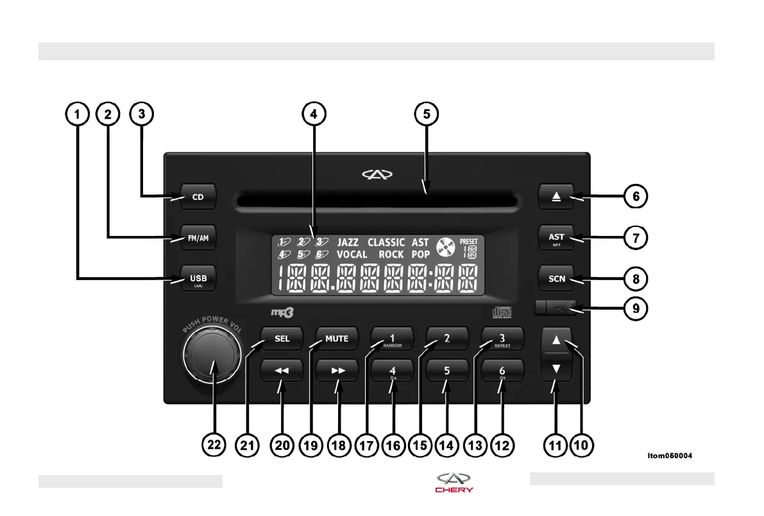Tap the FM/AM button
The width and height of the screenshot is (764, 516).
[x=198, y=238]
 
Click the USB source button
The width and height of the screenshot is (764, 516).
[x=198, y=278]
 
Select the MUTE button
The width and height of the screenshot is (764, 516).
[x=337, y=338]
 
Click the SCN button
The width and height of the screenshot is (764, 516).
[x=556, y=279]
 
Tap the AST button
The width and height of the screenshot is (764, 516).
[x=556, y=238]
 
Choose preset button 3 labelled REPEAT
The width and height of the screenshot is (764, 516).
[x=502, y=339]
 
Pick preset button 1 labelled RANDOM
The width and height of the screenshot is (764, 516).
[x=392, y=339]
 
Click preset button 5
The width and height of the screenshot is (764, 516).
[x=447, y=370]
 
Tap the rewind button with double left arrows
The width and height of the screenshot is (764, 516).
[x=282, y=370]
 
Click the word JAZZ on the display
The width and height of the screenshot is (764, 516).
[x=348, y=243]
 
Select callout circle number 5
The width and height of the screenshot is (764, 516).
[x=426, y=114]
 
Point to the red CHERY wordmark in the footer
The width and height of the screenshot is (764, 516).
[x=454, y=490]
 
